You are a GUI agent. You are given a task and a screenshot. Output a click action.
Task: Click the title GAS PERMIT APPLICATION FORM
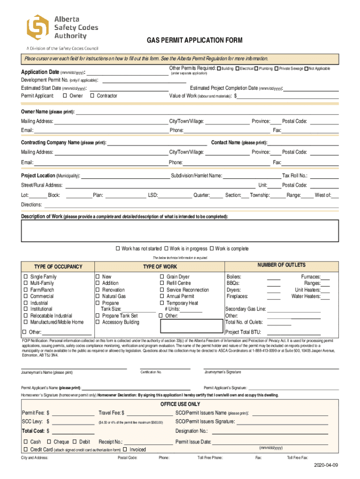coord(195,41)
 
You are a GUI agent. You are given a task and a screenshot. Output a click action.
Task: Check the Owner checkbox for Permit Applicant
coord(65,96)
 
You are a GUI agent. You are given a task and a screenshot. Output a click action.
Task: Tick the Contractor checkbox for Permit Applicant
coord(92,96)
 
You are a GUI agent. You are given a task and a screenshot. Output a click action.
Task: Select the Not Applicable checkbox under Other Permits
coord(306,69)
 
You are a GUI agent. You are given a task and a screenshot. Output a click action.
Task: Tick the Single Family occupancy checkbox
coord(26,277)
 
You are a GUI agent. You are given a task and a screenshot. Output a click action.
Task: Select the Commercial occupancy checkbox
coord(26,297)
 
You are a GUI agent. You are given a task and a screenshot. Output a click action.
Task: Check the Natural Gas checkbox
coord(98,297)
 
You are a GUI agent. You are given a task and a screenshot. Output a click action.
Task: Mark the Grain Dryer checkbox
coord(162,277)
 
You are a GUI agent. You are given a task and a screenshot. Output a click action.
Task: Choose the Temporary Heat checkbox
coord(162,303)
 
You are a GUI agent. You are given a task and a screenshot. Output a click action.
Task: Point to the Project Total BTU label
coord(243,332)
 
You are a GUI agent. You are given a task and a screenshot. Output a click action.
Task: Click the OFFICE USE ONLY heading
coord(180,404)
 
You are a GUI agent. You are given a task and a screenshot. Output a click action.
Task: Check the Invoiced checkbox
coord(125,450)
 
